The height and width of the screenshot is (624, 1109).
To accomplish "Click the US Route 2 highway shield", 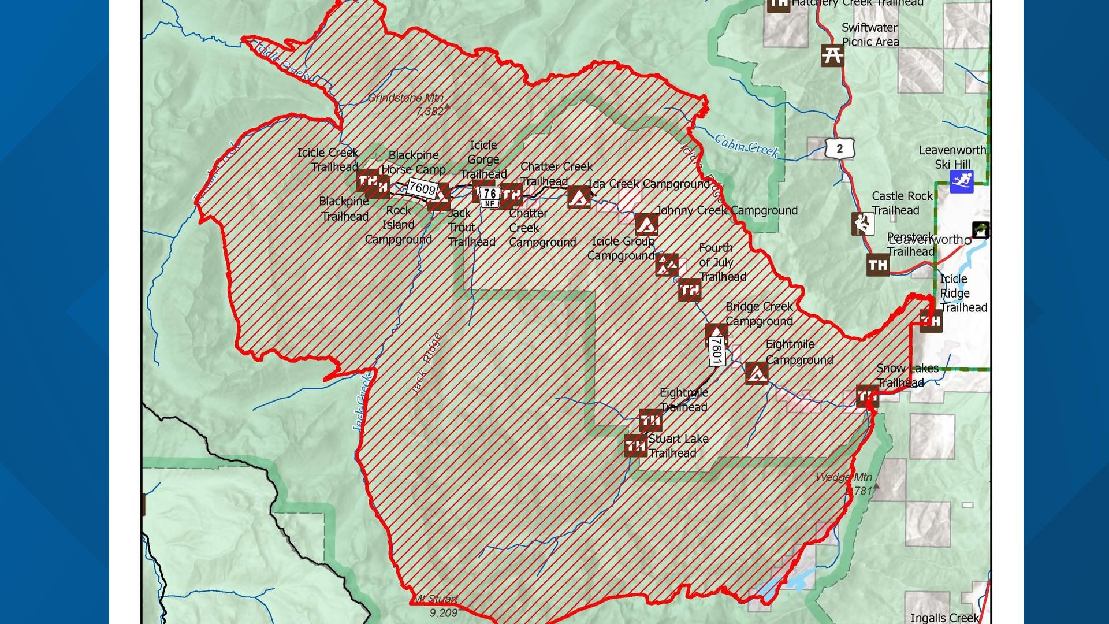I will [x=839, y=148].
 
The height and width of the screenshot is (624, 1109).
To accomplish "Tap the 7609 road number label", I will [x=422, y=188].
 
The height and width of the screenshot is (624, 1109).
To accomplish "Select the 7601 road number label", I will [x=716, y=351].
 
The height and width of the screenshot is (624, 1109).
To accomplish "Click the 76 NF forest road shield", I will [x=490, y=196].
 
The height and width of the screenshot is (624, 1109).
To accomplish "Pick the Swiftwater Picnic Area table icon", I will [x=832, y=55].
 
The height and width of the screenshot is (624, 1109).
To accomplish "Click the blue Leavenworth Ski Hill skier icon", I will [x=961, y=182].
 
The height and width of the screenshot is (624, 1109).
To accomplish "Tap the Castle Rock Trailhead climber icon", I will [x=862, y=224].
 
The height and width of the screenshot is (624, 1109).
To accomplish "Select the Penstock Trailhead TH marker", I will [x=878, y=265].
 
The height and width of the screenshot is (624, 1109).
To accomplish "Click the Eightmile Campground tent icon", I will [x=757, y=373].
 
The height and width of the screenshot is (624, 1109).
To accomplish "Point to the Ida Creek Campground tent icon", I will [x=579, y=197].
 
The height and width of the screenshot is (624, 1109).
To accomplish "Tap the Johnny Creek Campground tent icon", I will [x=646, y=224].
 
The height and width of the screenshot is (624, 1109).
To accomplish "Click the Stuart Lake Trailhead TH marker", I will [x=635, y=445].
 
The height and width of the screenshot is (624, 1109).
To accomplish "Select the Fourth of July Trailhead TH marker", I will [x=690, y=290].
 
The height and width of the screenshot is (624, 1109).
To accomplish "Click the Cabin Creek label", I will [x=747, y=146].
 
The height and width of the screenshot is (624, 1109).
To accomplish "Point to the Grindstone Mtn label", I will [x=405, y=98].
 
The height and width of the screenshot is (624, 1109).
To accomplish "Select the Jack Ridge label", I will [x=427, y=364].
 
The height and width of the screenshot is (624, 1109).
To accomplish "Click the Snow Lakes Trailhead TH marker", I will [x=867, y=396].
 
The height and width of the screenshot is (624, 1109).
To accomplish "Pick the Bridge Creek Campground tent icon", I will [x=716, y=333].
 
